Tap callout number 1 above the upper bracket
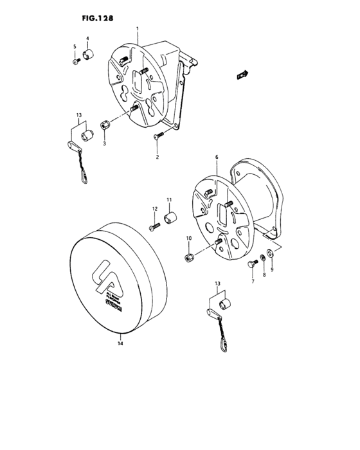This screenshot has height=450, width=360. tap(138, 29)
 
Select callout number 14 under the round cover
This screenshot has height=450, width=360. tap(120, 344)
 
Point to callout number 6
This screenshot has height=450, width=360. tap(217, 157)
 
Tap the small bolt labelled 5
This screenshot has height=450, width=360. tap(76, 61)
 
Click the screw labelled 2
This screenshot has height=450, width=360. tap(157, 135)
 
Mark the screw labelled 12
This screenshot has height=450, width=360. tap(154, 227)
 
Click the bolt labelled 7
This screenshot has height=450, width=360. tap(252, 265)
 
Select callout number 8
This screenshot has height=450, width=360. tap(263, 275)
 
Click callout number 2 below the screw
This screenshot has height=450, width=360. tap(157, 156)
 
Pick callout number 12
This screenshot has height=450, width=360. tap(154, 209)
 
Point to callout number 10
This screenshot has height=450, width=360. tap(188, 239)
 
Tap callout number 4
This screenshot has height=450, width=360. tap(88, 39)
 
